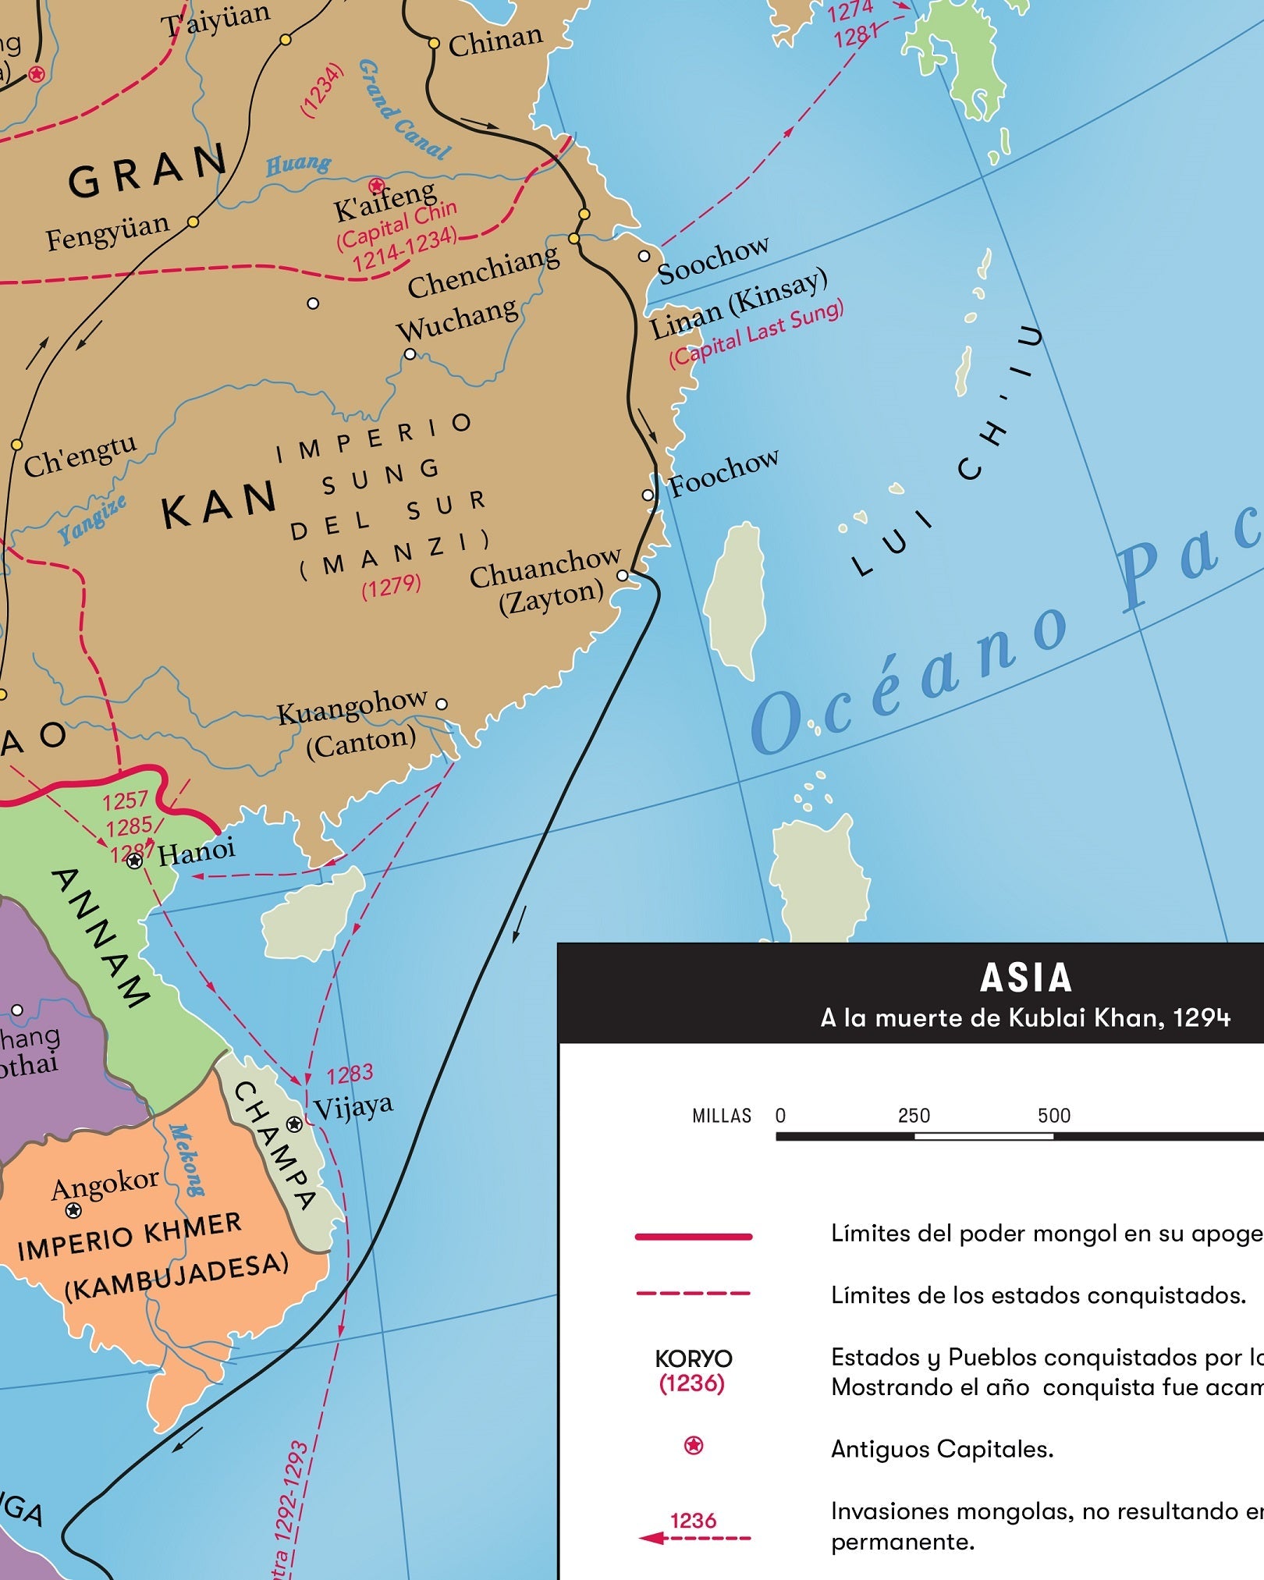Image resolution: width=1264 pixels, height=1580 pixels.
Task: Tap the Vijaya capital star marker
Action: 294,1124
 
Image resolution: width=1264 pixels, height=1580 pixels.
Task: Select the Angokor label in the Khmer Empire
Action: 105,1184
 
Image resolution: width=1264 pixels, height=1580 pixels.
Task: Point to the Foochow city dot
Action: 648,495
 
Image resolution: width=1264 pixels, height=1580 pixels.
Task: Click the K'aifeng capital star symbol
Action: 377,186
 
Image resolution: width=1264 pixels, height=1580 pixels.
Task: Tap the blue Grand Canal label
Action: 403,111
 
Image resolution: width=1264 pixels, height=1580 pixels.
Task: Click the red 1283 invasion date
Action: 350,1074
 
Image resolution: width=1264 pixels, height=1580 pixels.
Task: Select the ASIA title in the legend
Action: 1025,978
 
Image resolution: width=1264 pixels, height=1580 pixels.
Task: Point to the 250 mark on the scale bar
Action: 914,1116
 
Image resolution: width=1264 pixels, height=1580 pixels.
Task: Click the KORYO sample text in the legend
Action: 693,1358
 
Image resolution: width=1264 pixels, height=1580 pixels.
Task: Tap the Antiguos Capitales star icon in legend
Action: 693,1446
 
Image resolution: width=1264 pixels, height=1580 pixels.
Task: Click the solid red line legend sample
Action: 693,1236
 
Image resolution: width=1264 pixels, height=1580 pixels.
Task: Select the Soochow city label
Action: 713,261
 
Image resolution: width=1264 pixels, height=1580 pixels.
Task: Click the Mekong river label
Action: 186,1160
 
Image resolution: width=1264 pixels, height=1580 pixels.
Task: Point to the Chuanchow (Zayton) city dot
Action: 622,576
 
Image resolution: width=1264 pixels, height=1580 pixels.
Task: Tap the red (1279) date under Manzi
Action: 391,586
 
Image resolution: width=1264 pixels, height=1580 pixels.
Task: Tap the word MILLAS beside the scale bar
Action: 721,1116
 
